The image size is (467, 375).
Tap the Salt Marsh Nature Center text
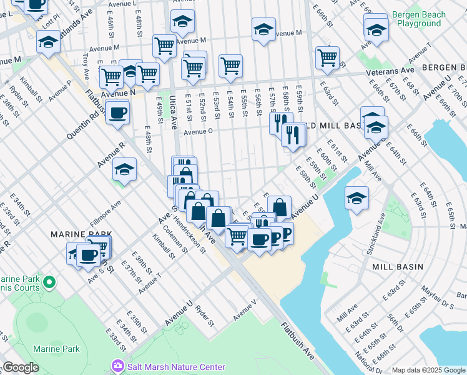(175, 367)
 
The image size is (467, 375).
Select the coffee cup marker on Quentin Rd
(117, 113)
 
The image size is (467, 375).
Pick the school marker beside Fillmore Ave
(124, 169)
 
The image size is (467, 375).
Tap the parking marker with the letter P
(285, 234)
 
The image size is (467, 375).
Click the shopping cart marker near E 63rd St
(327, 58)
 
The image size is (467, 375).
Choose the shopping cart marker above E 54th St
(230, 66)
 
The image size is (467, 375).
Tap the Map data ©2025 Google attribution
(428, 370)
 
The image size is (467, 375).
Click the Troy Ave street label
(86, 62)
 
